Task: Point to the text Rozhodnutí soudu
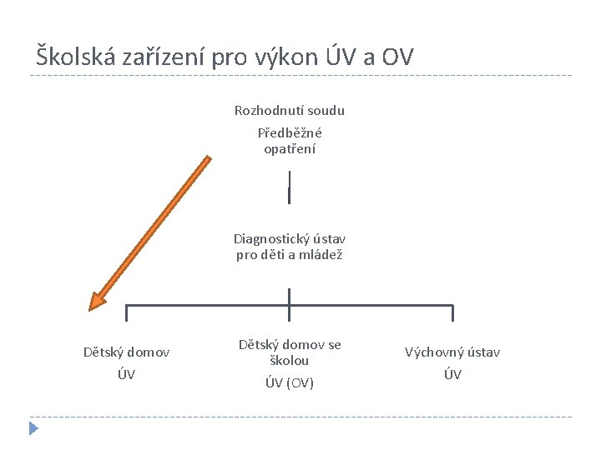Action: pyautogui.click(x=289, y=110)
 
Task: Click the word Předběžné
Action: pyautogui.click(x=289, y=132)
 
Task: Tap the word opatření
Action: pyautogui.click(x=289, y=149)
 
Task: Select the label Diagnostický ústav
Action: pyautogui.click(x=289, y=238)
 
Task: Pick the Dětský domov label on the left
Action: pyautogui.click(x=126, y=352)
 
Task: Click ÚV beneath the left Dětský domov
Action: pyautogui.click(x=126, y=375)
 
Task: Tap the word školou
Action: pyautogui.click(x=289, y=361)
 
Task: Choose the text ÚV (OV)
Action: pyautogui.click(x=289, y=383)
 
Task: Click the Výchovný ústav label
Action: pyautogui.click(x=452, y=352)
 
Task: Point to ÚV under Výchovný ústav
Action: pyautogui.click(x=452, y=375)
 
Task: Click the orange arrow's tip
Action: pyautogui.click(x=93, y=307)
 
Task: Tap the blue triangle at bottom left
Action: pyautogui.click(x=33, y=429)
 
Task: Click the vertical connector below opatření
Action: pyautogui.click(x=289, y=187)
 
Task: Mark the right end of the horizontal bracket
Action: pyautogui.click(x=452, y=312)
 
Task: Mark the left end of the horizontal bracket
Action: pyautogui.click(x=126, y=312)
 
